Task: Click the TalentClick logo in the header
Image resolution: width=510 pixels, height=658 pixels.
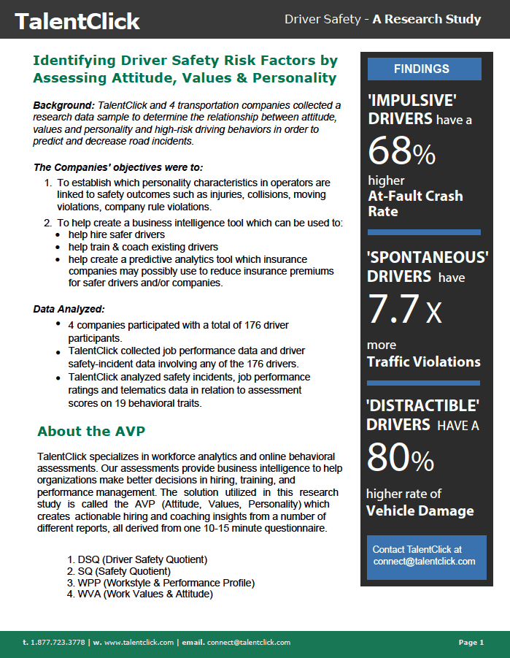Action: click(x=77, y=21)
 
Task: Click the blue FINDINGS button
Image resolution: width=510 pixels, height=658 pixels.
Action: click(x=421, y=69)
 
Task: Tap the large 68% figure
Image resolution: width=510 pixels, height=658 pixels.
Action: click(x=401, y=151)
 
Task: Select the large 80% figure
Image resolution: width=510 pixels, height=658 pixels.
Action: click(x=401, y=458)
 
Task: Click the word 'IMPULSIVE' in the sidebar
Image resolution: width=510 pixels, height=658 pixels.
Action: click(x=412, y=100)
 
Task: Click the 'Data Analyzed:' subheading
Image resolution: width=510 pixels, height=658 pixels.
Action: click(x=69, y=309)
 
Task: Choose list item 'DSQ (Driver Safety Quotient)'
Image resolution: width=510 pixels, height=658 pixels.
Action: click(x=137, y=559)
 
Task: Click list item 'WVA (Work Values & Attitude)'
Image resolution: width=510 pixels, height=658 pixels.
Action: click(x=139, y=594)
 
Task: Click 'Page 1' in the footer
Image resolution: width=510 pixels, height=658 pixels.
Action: click(x=471, y=643)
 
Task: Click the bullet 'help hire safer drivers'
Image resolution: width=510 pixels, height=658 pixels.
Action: click(x=116, y=234)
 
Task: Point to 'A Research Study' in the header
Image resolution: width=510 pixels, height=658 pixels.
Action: click(x=427, y=20)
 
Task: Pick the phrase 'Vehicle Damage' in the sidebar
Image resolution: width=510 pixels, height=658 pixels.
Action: click(x=420, y=510)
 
